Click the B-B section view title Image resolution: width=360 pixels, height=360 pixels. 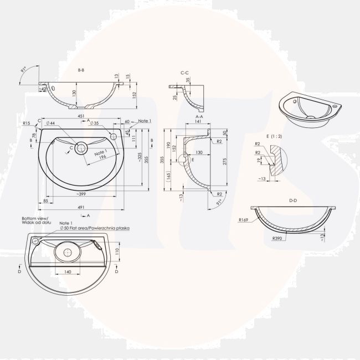[81, 70]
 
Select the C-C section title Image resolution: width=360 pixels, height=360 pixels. [186, 73]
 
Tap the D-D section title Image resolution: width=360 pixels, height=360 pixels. [294, 199]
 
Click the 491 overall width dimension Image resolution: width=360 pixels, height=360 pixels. [81, 207]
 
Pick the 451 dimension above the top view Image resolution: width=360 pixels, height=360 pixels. [81, 116]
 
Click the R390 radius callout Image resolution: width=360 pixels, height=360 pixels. [279, 238]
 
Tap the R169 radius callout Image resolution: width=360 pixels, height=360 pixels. [243, 220]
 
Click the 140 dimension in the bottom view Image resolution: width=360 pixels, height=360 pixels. [67, 272]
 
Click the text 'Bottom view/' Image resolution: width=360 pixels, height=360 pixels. [35, 218]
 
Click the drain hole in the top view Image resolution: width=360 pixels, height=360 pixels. [81, 148]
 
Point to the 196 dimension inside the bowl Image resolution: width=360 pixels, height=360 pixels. [101, 157]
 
